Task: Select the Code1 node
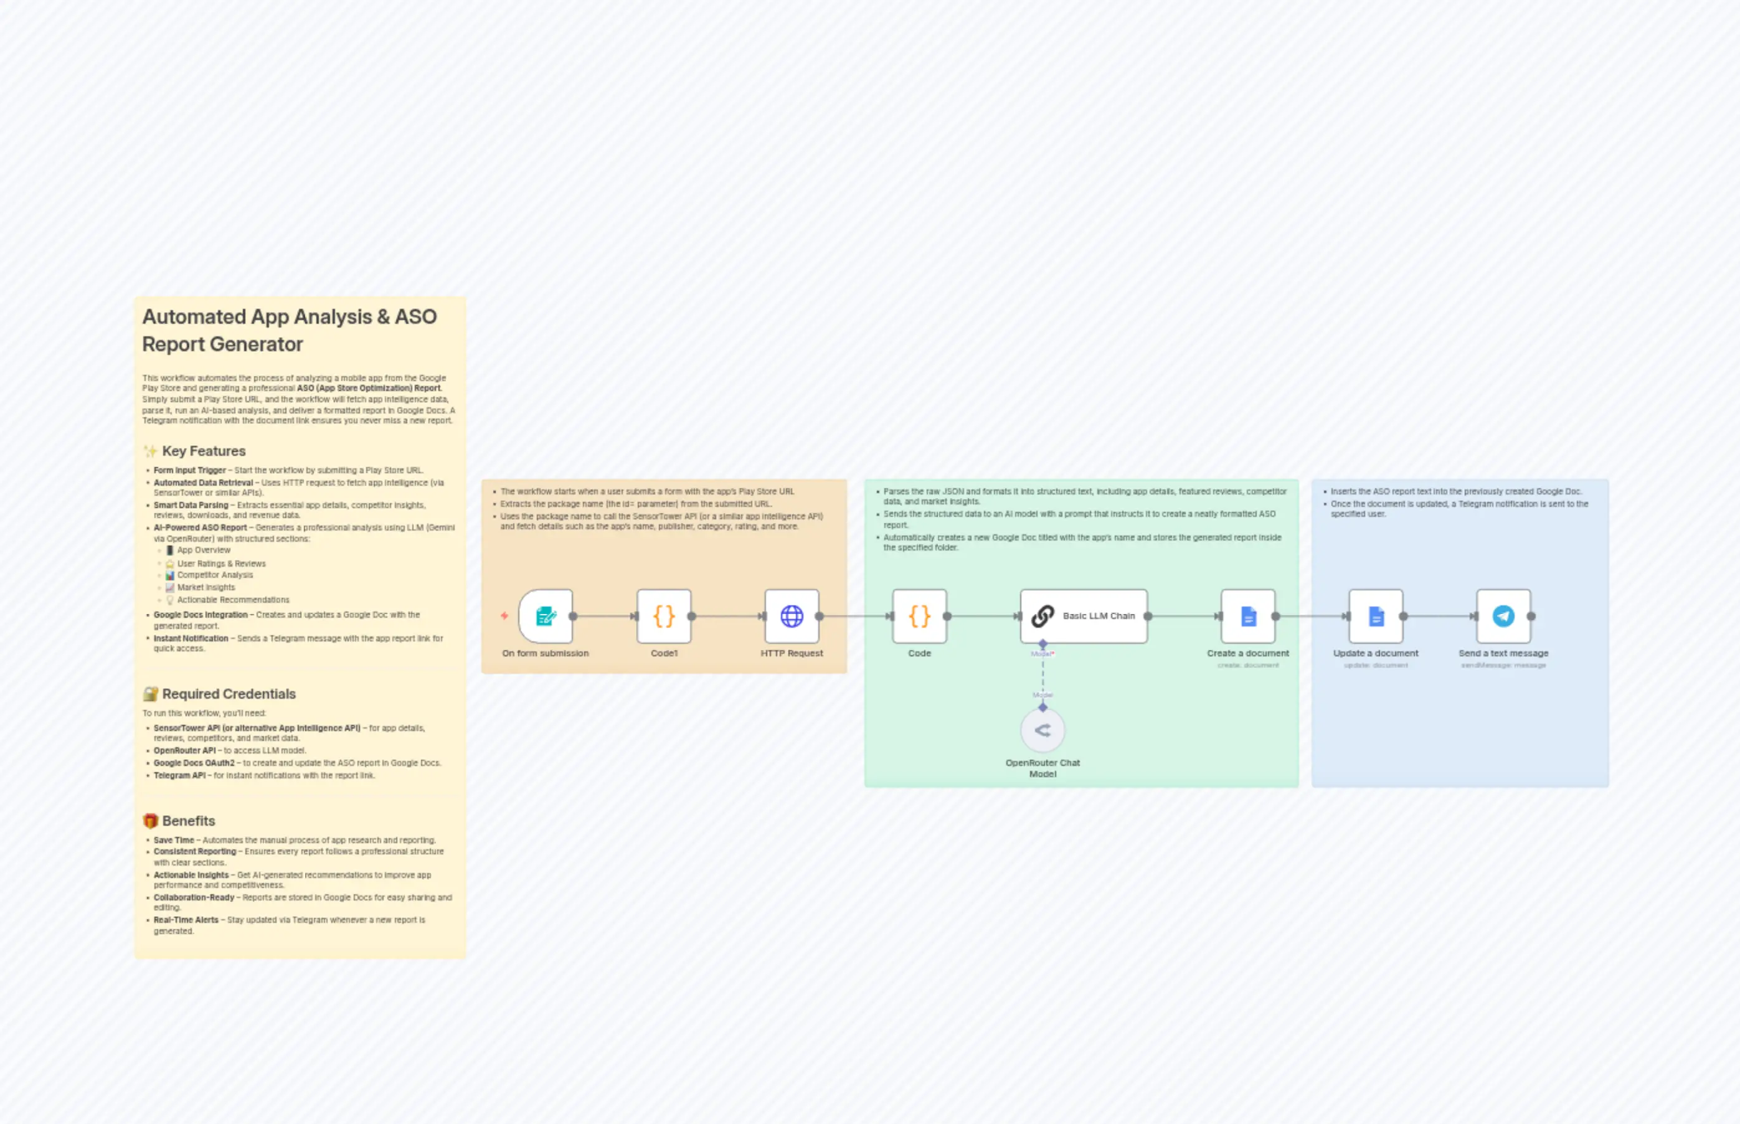pyautogui.click(x=663, y=616)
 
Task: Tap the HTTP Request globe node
pyautogui.click(x=791, y=616)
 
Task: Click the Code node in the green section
pyautogui.click(x=919, y=616)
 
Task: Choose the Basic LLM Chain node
pyautogui.click(x=1083, y=616)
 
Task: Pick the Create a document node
pyautogui.click(x=1247, y=616)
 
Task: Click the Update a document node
pyautogui.click(x=1375, y=616)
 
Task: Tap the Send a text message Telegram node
pyautogui.click(x=1503, y=616)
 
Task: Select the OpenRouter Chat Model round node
pyautogui.click(x=1043, y=730)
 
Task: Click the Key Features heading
pyautogui.click(x=204, y=451)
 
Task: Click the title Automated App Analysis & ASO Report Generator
pyautogui.click(x=289, y=330)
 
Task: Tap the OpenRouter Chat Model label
pyautogui.click(x=1043, y=768)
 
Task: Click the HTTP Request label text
pyautogui.click(x=791, y=653)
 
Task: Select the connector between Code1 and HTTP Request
pyautogui.click(x=727, y=616)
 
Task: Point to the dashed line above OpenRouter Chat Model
pyautogui.click(x=1043, y=675)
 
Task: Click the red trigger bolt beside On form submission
pyautogui.click(x=504, y=616)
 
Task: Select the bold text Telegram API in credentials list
pyautogui.click(x=179, y=775)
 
